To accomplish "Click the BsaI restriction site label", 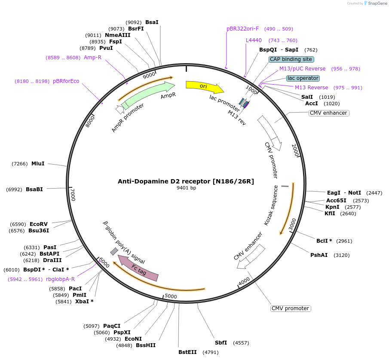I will pyautogui.click(x=152, y=22).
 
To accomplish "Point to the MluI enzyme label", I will pyautogui.click(x=38, y=164).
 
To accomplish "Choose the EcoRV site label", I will pyautogui.click(x=39, y=224).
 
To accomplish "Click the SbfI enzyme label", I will pyautogui.click(x=221, y=343).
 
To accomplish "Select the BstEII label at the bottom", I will pyautogui.click(x=187, y=352).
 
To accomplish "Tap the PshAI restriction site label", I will pyautogui.click(x=319, y=255).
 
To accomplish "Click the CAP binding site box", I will pyautogui.click(x=291, y=59).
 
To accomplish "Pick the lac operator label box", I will pyautogui.click(x=303, y=78).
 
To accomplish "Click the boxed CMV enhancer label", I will pyautogui.click(x=328, y=113).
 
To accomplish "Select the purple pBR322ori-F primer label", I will pyautogui.click(x=243, y=29).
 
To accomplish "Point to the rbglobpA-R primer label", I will pyautogui.click(x=60, y=279).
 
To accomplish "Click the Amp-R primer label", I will pyautogui.click(x=92, y=58).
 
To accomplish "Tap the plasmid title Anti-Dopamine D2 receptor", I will pyautogui.click(x=186, y=181).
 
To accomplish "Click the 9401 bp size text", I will pyautogui.click(x=186, y=188).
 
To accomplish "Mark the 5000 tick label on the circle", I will pyautogui.click(x=171, y=296).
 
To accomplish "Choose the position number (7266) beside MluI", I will pyautogui.click(x=20, y=164).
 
